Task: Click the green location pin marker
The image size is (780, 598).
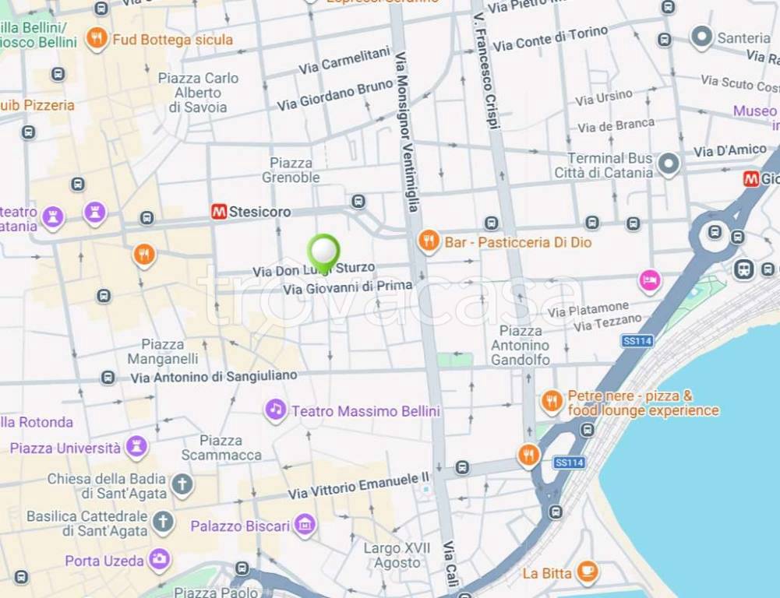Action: [x=323, y=252]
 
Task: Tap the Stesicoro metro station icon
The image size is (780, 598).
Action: [x=219, y=212]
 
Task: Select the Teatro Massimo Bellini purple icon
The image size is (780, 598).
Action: [x=275, y=410]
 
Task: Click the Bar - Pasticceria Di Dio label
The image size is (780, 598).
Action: [x=518, y=242]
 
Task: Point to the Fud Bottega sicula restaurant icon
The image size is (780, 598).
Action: [x=97, y=39]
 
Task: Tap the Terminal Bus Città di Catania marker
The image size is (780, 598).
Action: [x=668, y=164]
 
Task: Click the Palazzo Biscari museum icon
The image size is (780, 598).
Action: [x=305, y=526]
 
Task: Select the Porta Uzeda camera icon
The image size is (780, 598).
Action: [x=160, y=560]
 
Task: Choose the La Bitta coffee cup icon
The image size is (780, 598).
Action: [x=587, y=572]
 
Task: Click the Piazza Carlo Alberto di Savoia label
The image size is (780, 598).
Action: [x=198, y=93]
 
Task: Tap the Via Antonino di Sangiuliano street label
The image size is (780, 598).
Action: [x=214, y=376]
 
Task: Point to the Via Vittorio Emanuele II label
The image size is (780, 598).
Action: [x=358, y=485]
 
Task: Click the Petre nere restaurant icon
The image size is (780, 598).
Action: [x=552, y=402]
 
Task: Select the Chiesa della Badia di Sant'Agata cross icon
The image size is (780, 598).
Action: [x=182, y=485]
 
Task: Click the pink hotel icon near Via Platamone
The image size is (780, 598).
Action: [x=649, y=280]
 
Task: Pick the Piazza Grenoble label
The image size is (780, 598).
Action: [x=291, y=170]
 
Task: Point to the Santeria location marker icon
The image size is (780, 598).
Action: [x=702, y=37]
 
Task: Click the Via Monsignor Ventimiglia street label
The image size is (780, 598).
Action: [x=407, y=132]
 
